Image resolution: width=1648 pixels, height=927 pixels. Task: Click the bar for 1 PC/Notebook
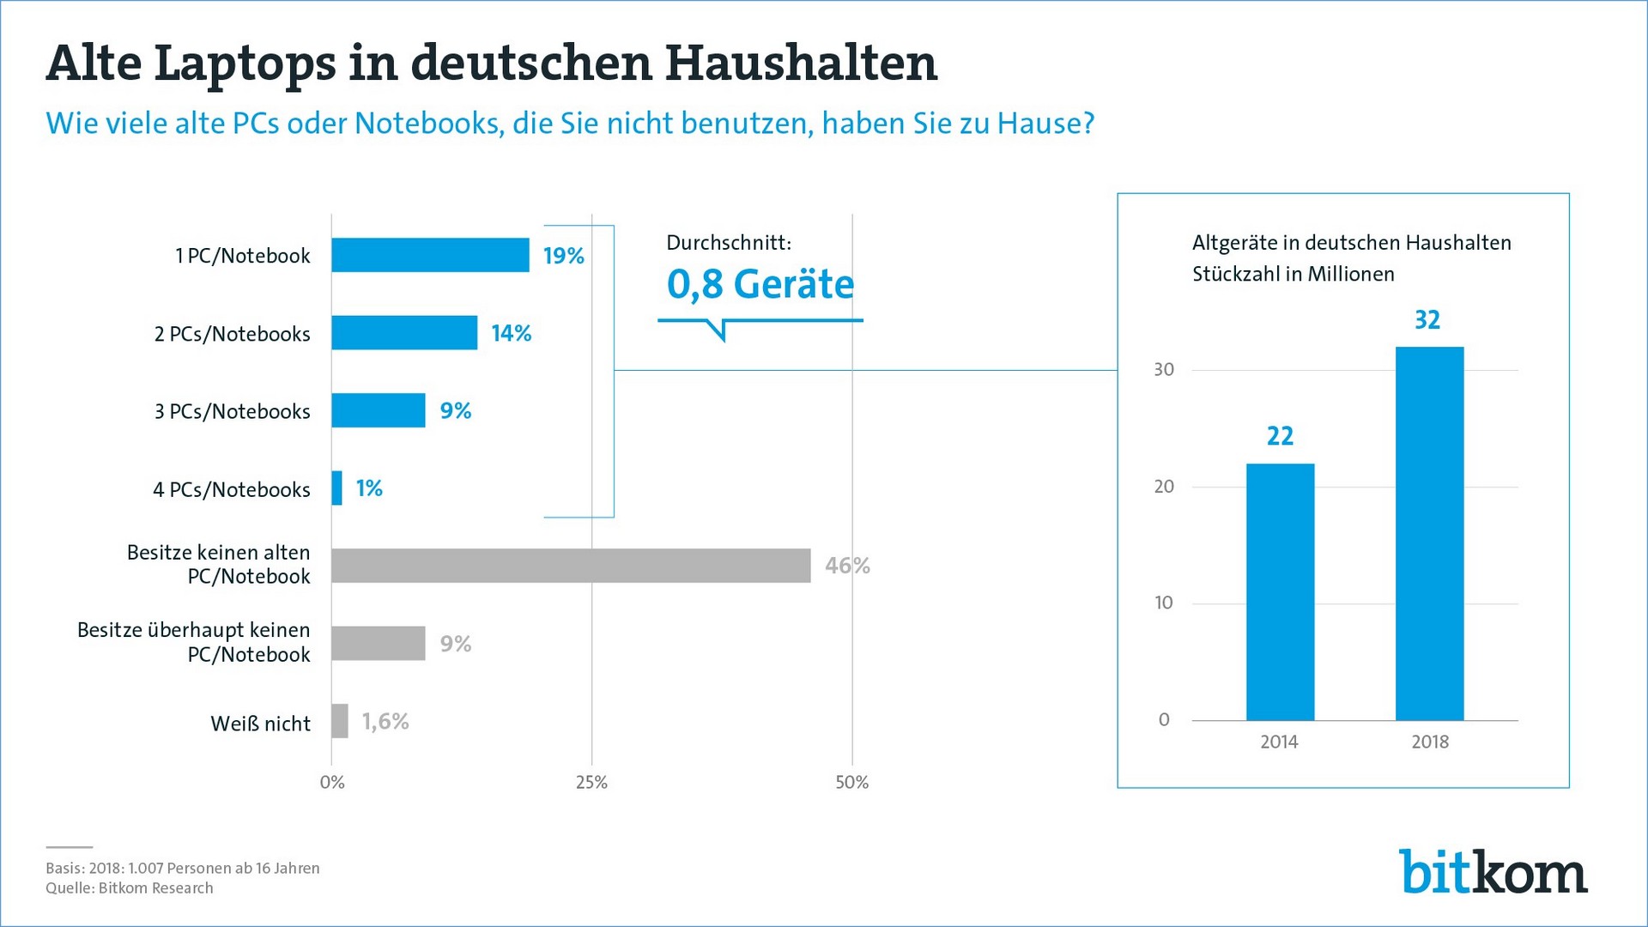430,255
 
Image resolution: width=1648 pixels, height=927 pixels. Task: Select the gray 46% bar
571,566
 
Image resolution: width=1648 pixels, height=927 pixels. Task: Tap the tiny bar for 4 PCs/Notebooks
337,488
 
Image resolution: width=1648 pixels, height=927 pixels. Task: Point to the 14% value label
511,333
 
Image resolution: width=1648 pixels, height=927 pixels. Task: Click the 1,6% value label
385,721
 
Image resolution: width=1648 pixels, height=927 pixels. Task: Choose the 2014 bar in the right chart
1280,591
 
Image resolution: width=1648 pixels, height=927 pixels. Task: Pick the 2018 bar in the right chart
1429,533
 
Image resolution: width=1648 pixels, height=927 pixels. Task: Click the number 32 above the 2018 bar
1427,320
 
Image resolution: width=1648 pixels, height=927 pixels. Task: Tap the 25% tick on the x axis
591,782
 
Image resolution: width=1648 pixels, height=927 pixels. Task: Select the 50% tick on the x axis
851,782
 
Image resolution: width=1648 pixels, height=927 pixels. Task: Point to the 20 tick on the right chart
1164,487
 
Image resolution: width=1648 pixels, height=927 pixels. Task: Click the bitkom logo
1493,872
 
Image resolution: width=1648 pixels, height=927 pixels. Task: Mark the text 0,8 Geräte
760,284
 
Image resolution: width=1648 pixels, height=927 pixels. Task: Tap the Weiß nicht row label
260,724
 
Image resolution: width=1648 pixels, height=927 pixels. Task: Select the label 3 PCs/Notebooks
232,412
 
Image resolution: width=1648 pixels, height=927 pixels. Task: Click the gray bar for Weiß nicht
340,721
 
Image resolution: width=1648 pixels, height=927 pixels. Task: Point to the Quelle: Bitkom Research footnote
130,888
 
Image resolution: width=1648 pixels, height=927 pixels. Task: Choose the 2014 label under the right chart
1279,742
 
